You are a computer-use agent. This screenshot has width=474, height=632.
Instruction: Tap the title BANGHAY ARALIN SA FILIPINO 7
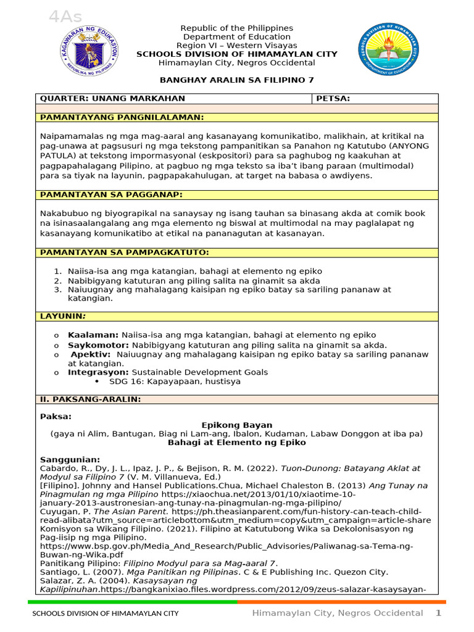click(x=237, y=80)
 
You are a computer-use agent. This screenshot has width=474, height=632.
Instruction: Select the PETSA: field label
click(x=333, y=99)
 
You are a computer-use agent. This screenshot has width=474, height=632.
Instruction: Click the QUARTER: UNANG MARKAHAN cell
click(x=112, y=99)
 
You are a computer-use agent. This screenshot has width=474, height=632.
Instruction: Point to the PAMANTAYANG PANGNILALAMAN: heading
click(x=122, y=117)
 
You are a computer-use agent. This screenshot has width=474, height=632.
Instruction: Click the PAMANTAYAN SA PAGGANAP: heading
click(x=111, y=195)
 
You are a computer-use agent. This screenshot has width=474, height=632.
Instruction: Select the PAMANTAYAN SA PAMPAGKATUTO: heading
click(x=125, y=252)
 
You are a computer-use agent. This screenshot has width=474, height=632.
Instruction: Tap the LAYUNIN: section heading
click(x=62, y=316)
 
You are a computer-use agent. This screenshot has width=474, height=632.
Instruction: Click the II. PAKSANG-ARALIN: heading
click(x=90, y=399)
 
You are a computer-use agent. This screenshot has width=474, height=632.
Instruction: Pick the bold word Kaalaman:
click(x=93, y=335)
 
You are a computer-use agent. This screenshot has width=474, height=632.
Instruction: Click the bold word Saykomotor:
click(x=98, y=345)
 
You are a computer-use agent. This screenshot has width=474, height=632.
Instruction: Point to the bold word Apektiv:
click(x=91, y=355)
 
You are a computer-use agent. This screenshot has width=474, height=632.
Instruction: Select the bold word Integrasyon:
click(x=98, y=372)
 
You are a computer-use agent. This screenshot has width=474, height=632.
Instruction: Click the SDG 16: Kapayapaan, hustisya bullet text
click(x=175, y=381)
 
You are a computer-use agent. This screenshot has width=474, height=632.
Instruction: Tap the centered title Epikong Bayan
click(x=237, y=425)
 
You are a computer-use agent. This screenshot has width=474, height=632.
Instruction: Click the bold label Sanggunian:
click(x=70, y=460)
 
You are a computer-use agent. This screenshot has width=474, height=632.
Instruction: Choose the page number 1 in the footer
click(x=439, y=613)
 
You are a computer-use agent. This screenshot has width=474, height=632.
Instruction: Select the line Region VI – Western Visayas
click(x=236, y=46)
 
